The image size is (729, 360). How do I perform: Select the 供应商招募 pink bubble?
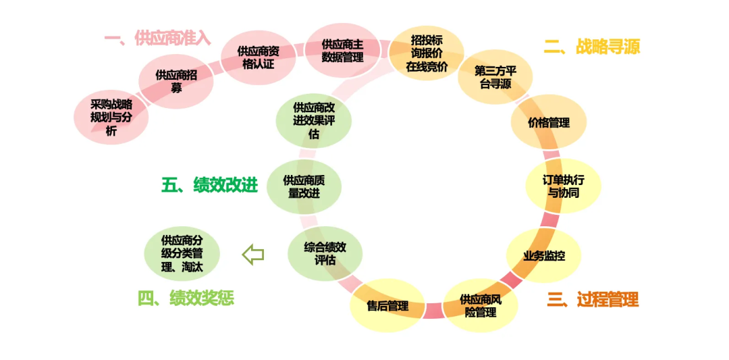(176, 81)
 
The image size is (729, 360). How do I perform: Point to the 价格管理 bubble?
(549, 122)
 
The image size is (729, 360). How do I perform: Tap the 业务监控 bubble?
(544, 255)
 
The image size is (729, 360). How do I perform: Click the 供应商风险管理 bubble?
(481, 305)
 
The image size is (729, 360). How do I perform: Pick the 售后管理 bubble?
(387, 305)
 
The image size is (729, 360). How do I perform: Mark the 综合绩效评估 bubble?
(325, 254)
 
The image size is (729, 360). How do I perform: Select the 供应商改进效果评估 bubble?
(314, 121)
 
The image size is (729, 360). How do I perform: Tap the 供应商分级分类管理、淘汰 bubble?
(182, 254)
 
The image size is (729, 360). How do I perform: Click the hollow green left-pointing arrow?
(253, 255)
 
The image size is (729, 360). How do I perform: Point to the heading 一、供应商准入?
(157, 38)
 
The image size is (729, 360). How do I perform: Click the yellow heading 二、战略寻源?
(592, 46)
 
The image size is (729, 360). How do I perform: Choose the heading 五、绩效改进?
(210, 184)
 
